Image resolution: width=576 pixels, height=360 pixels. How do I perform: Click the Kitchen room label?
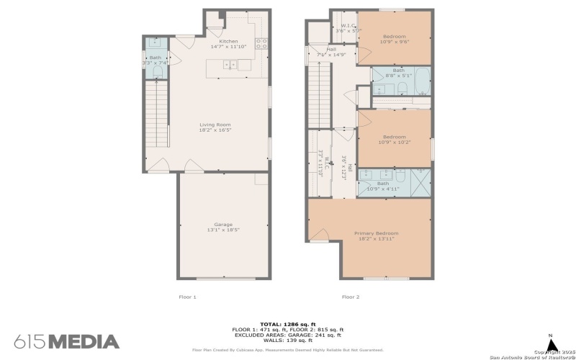coord(228,42)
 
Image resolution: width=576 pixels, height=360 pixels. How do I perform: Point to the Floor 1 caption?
coord(186,297)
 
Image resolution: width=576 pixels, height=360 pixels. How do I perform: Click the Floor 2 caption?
coord(350,297)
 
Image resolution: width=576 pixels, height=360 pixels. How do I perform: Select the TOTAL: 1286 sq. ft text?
coord(287,324)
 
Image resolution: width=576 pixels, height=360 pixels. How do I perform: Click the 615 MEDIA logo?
coord(66,341)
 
